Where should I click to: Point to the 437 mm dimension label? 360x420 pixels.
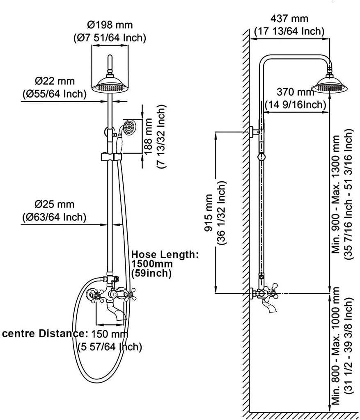[x=289, y=18]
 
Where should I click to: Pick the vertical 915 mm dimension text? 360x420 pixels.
[x=211, y=213]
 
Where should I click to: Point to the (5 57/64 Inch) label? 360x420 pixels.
[x=110, y=347]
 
